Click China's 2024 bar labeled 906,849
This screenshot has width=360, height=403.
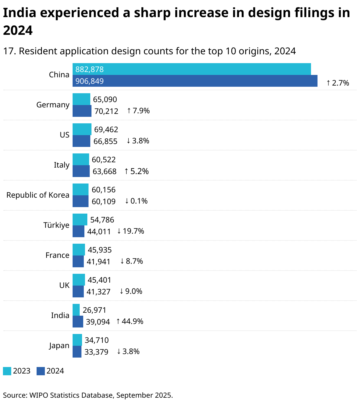click(195, 81)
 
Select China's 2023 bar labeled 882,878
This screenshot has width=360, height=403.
click(192, 69)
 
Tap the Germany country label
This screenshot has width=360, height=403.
click(53, 105)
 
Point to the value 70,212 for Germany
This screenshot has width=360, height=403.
click(106, 111)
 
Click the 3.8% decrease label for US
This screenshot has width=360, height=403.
click(138, 141)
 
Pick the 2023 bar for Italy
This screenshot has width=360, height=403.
click(81, 159)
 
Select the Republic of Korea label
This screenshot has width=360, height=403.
click(38, 195)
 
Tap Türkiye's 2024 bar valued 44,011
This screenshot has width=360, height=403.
click(78, 231)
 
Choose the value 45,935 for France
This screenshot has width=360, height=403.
click(99, 250)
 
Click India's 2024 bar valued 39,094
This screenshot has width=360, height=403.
click(78, 322)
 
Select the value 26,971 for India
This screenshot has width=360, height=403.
click(94, 310)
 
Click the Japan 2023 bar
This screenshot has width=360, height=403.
click(77, 340)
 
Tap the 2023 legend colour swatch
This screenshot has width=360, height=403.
click(7, 371)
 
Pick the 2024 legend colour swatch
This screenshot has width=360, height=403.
click(41, 371)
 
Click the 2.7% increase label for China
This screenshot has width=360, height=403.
click(338, 83)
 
